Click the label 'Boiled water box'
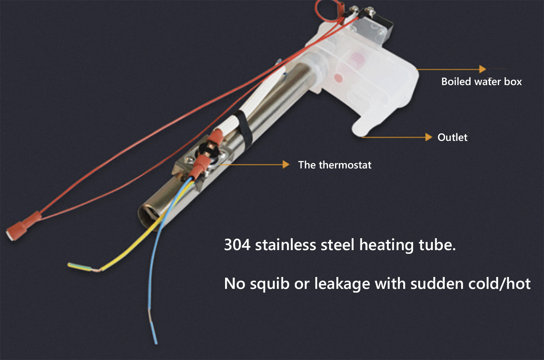pyautogui.click(x=481, y=82)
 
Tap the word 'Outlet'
pyautogui.click(x=453, y=137)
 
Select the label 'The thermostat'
pyautogui.click(x=335, y=165)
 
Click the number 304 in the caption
pyautogui.click(x=237, y=245)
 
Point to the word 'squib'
pyautogui.click(x=270, y=284)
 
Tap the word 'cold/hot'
pyautogui.click(x=499, y=283)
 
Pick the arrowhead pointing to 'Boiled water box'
pyautogui.click(x=482, y=69)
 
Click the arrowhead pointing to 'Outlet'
pyautogui.click(x=429, y=137)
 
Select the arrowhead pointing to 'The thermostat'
pyautogui.click(x=286, y=165)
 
